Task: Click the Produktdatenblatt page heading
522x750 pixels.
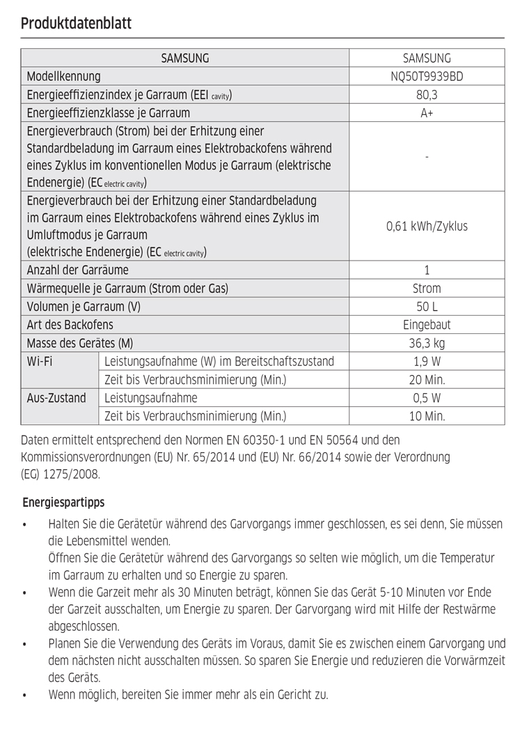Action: [x=77, y=23]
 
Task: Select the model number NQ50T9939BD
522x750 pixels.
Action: [x=427, y=77]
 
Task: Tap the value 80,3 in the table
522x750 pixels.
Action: [x=427, y=95]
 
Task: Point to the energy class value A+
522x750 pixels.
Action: [x=427, y=113]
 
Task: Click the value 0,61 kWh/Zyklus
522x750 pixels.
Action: [x=427, y=227]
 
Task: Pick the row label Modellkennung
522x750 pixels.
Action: [x=63, y=77]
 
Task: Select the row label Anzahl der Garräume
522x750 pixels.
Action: [x=77, y=270]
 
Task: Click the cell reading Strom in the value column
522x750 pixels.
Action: [x=427, y=289]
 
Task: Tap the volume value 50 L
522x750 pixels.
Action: [x=427, y=307]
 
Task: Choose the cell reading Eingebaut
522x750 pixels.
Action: [x=427, y=325]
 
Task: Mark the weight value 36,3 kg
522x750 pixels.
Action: [x=427, y=343]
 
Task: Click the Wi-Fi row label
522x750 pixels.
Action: [x=40, y=362]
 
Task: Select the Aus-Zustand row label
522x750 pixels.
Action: [x=56, y=398]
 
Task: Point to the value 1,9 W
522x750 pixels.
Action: [x=427, y=362]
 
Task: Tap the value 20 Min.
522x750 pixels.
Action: [x=427, y=380]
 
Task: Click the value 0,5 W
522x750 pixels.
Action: [x=427, y=398]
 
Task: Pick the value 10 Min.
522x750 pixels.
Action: [x=427, y=416]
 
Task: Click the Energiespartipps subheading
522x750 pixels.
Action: [x=63, y=502]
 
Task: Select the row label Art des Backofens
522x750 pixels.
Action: [x=70, y=325]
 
